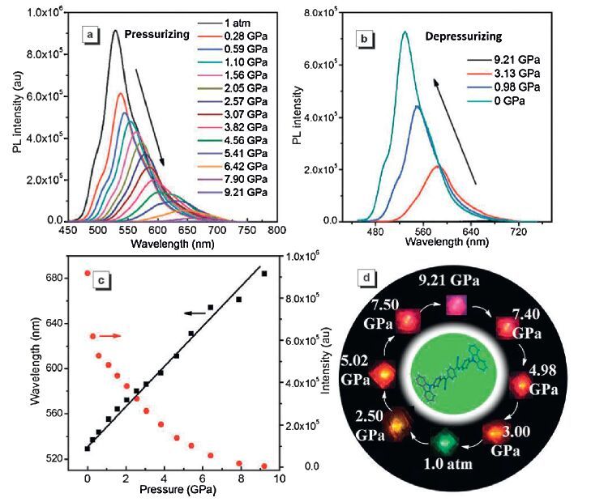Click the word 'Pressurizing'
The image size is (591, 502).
(x=143, y=35)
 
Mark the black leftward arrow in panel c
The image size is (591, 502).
(x=193, y=313)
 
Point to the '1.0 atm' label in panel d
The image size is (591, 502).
(x=443, y=468)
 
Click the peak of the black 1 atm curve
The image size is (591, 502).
(x=115, y=32)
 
